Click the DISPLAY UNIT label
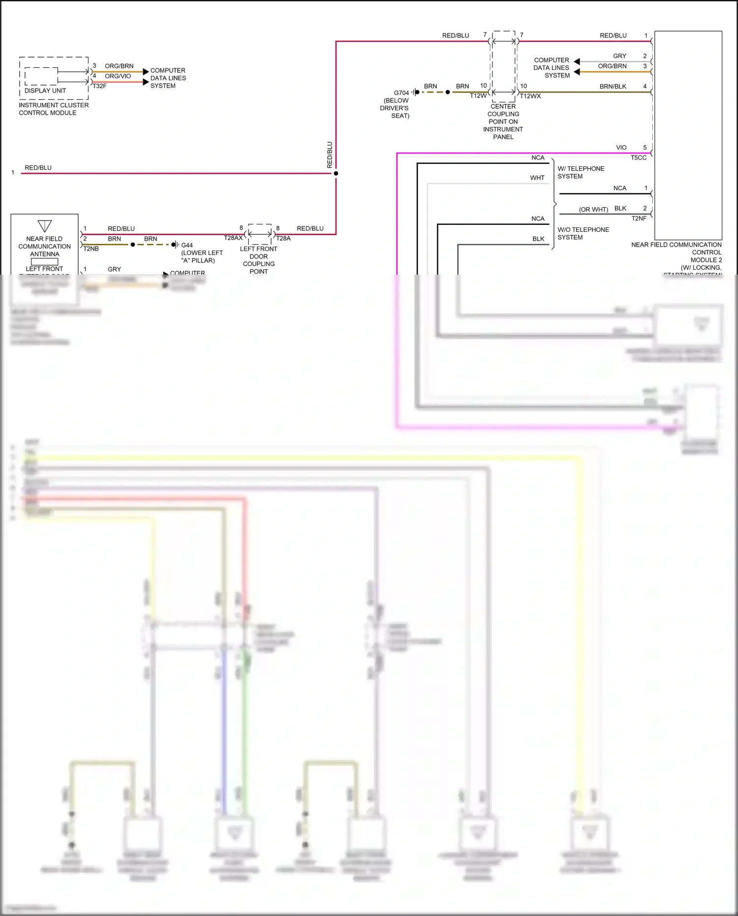45,91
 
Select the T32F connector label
99,86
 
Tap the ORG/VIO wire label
118,76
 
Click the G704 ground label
401,93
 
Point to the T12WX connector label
530,96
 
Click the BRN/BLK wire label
613,87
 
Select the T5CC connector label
639,158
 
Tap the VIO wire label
621,148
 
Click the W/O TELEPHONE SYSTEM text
583,233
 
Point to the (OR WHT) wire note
593,209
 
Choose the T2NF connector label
639,219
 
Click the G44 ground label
187,245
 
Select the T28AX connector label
233,238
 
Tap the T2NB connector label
91,249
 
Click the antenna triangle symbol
45,226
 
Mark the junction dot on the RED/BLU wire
336,173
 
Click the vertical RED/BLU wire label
330,155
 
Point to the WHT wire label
537,178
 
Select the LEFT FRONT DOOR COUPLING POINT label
258,260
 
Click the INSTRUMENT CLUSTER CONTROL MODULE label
54,109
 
